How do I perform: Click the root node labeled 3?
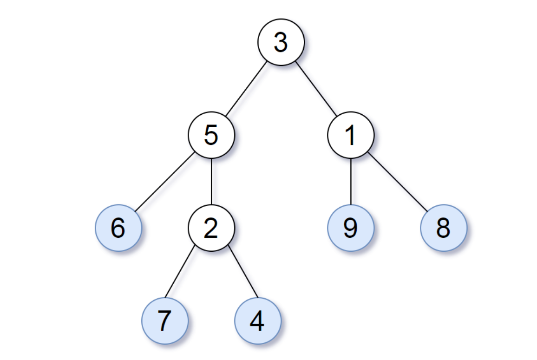281,42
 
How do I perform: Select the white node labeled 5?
211,135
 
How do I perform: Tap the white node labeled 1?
351,135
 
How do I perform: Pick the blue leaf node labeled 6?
118,228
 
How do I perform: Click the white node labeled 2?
211,228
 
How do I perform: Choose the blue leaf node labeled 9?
351,228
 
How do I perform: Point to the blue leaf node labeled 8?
444,228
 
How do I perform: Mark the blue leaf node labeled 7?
165,321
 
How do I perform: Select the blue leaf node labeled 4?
258,321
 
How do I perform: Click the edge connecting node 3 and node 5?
246,89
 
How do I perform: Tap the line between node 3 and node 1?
316,89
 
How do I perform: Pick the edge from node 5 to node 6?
165,182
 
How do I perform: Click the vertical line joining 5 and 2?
211,182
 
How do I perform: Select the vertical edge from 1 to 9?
351,182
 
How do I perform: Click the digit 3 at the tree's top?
281,42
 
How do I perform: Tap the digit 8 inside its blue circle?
443,228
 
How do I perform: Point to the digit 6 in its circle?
118,228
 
